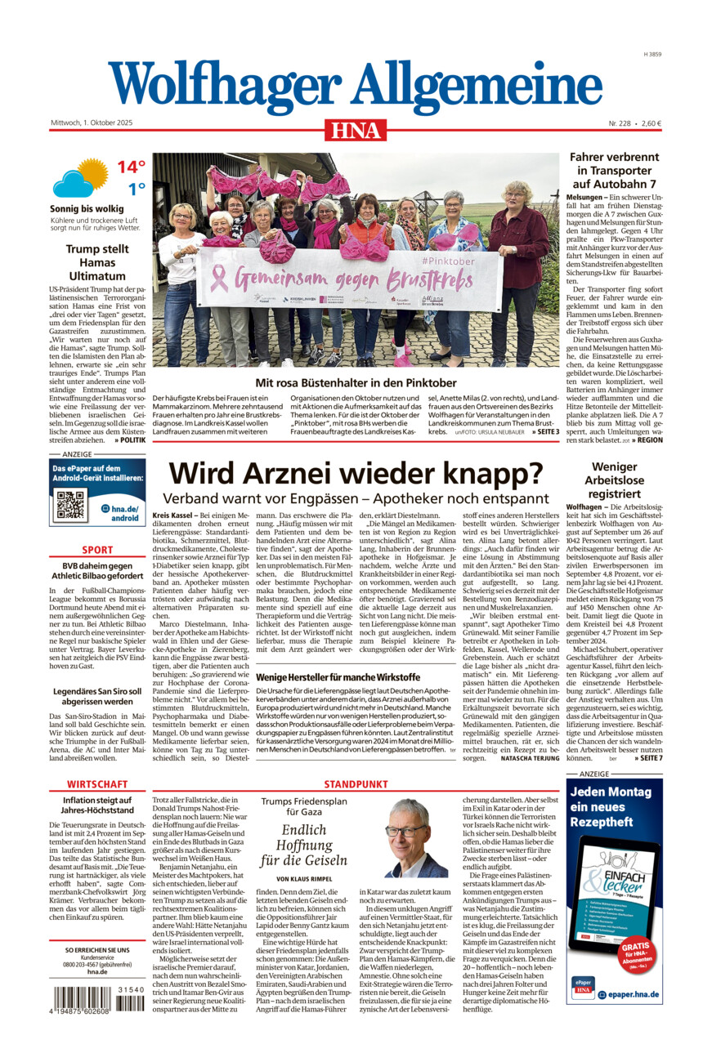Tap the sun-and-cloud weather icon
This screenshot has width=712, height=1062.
pyautogui.click(x=80, y=179)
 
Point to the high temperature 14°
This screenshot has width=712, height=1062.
pyautogui.click(x=130, y=167)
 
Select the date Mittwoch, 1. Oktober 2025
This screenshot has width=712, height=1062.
pyautogui.click(x=91, y=123)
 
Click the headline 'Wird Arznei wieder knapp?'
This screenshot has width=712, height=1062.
pyautogui.click(x=356, y=474)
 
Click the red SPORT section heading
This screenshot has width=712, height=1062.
pyautogui.click(x=97, y=550)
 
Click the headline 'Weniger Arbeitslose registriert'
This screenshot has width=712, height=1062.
pyautogui.click(x=614, y=480)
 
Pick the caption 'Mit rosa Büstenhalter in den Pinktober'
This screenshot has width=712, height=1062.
pyautogui.click(x=356, y=382)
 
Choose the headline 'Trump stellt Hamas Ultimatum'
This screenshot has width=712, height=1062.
pyautogui.click(x=97, y=263)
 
